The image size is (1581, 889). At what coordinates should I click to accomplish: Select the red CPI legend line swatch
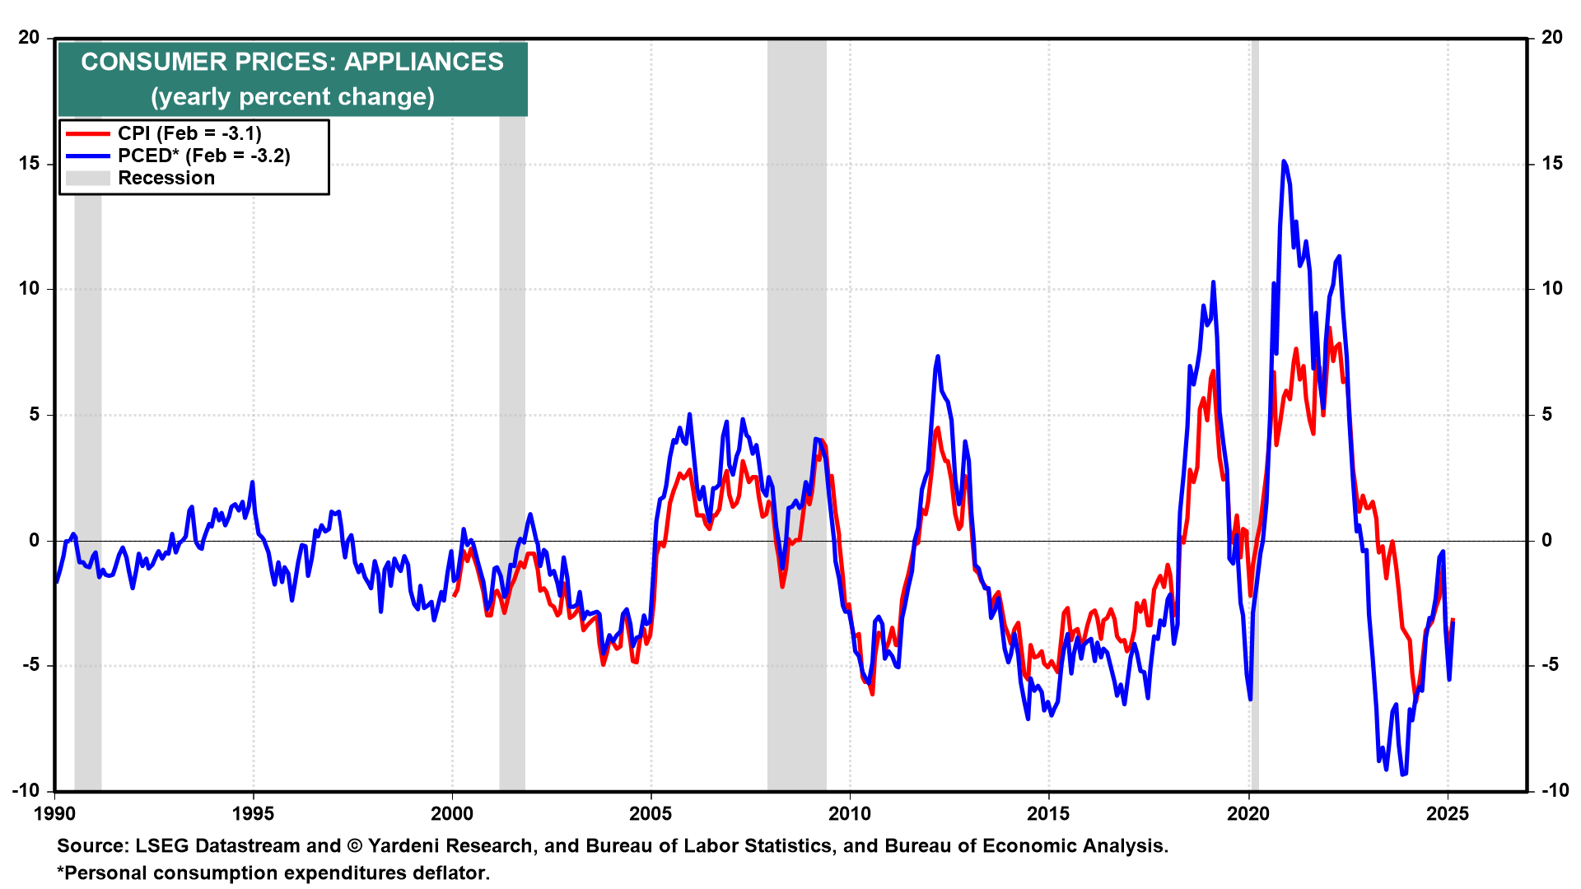(87, 134)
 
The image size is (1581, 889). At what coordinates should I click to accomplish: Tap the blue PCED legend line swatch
(87, 156)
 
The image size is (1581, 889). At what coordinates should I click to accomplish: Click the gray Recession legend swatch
(87, 179)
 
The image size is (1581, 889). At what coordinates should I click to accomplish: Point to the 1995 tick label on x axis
(253, 814)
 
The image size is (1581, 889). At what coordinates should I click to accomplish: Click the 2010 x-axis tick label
(850, 814)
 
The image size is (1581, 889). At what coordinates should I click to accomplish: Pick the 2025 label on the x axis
(1447, 814)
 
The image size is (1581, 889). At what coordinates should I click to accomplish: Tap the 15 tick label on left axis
(30, 163)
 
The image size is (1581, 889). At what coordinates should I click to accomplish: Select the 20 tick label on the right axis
(1552, 37)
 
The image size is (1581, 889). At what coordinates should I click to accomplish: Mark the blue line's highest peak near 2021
(1284, 162)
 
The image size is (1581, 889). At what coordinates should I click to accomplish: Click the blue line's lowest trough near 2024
(1403, 774)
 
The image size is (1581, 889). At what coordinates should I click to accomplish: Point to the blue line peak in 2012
(937, 357)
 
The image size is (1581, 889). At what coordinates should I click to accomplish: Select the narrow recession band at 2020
(1255, 247)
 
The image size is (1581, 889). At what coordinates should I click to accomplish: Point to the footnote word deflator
(451, 873)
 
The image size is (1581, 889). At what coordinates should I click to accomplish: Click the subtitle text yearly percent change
(292, 97)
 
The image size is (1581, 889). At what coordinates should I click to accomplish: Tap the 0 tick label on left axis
(35, 540)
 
